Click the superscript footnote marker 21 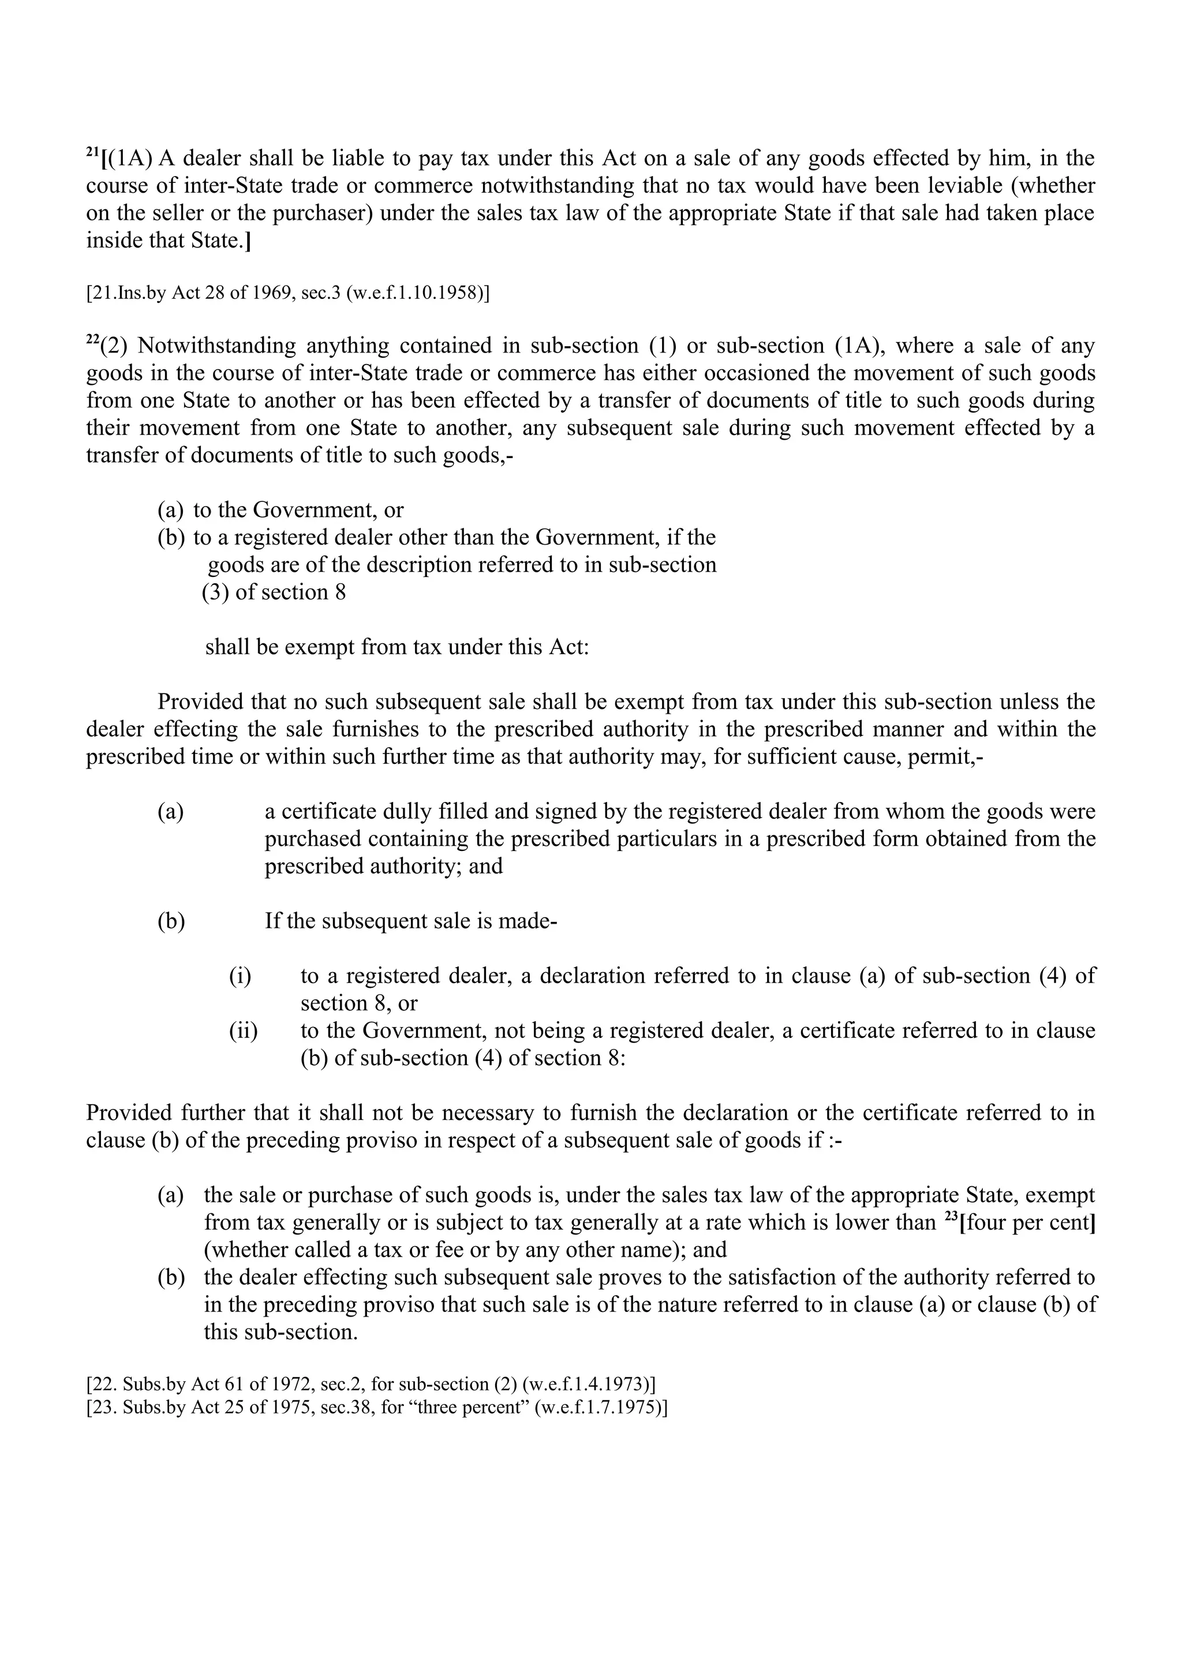point(92,152)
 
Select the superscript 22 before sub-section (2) point(92,339)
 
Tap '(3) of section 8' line point(274,592)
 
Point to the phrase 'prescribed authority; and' point(383,867)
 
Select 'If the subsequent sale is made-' point(411,921)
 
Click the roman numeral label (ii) point(243,1031)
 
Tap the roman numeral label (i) point(240,976)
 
